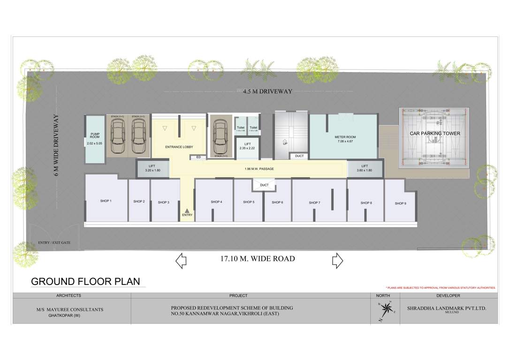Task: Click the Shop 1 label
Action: (x=106, y=201)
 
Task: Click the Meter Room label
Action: (x=345, y=137)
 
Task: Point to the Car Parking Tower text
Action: (x=434, y=134)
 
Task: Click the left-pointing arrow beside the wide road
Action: (x=181, y=260)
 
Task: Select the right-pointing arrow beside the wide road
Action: (x=337, y=260)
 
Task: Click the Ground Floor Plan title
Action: (x=85, y=281)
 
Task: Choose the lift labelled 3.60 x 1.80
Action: (x=365, y=168)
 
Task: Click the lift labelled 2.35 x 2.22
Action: (x=246, y=146)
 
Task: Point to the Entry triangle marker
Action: (x=187, y=210)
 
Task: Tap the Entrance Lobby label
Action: (x=179, y=147)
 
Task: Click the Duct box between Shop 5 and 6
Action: (x=264, y=185)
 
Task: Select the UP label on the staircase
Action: (x=285, y=143)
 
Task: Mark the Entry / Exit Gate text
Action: (x=54, y=243)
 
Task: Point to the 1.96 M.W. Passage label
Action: (x=259, y=169)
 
